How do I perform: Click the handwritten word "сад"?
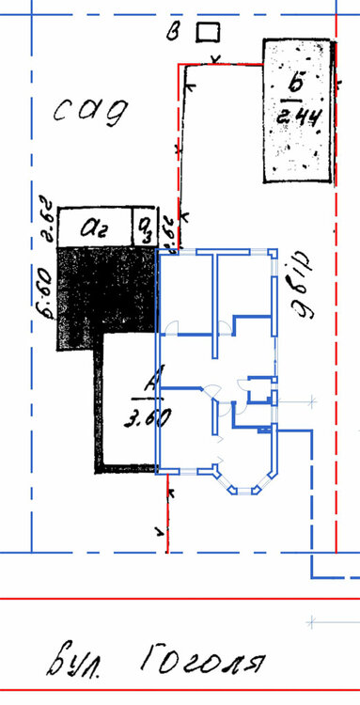(x=89, y=113)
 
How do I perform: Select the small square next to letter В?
(x=206, y=33)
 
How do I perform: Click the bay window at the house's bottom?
(x=246, y=477)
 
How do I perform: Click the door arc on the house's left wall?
(x=170, y=328)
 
